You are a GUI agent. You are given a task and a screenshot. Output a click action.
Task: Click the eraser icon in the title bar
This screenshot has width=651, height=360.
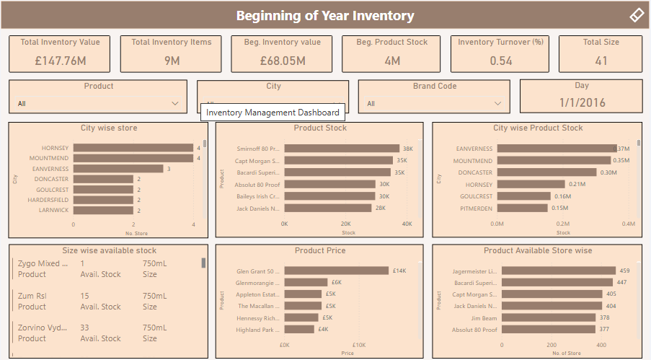point(636,15)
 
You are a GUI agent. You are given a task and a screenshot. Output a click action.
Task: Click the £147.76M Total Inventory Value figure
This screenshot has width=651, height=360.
point(61,61)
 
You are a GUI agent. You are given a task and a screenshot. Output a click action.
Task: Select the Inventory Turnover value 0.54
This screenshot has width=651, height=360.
point(501,61)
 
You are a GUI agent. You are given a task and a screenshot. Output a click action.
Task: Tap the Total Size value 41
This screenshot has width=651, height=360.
point(601,61)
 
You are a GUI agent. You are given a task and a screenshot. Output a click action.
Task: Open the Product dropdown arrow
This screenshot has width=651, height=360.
point(175,104)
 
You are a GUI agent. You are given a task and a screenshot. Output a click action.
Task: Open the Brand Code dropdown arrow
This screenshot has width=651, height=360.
point(497,104)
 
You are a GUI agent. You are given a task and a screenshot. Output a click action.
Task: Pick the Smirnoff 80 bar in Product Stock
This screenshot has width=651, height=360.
point(342,149)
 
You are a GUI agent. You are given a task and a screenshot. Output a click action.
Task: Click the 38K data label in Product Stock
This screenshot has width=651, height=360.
point(408,149)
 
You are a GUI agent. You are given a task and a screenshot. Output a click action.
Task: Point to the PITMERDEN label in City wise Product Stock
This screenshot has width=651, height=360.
point(476,208)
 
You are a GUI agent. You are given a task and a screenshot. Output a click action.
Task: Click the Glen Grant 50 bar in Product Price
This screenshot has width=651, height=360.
point(336,271)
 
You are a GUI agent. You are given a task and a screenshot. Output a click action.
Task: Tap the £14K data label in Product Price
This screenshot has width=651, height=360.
point(399,271)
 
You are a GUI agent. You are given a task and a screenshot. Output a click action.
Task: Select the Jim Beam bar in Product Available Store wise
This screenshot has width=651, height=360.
point(547,317)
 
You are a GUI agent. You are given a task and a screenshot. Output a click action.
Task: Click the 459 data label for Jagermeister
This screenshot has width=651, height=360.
point(624,271)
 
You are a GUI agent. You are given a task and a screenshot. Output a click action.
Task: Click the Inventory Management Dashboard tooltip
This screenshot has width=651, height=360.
point(273,113)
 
